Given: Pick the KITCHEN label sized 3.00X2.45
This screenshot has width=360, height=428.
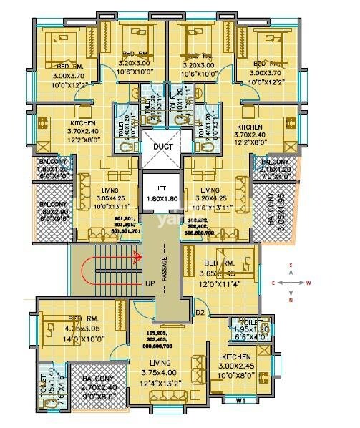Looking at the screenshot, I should pos(236,356).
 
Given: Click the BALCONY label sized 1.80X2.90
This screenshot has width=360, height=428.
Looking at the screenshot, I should pos(54,205).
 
